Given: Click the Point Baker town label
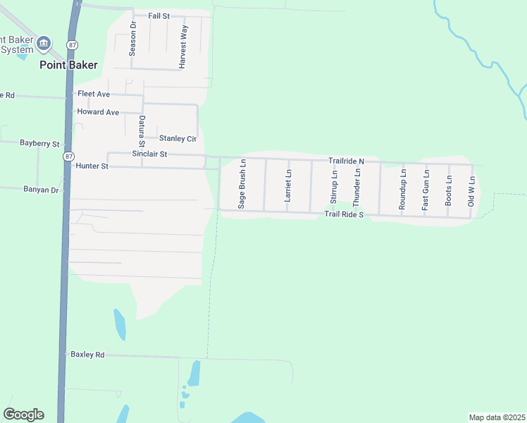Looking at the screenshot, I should (68, 65).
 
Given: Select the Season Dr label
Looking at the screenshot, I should (132, 39).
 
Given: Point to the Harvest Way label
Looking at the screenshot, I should (183, 47).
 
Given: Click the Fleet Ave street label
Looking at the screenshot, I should (94, 93).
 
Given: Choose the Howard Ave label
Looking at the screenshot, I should (98, 112).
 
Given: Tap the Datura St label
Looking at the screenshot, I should (142, 128).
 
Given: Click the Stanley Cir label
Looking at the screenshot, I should (178, 138).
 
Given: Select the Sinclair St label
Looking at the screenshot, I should (149, 154).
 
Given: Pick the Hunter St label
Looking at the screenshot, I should (91, 166).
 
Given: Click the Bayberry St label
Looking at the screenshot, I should (39, 143).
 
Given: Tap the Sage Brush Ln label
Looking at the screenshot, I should (242, 183).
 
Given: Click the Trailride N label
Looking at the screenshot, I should (346, 161).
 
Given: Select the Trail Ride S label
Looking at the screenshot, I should (343, 214).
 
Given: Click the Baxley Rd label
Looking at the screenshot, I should (87, 355).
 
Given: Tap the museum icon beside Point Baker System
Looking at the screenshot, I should (44, 44).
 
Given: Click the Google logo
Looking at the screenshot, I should (23, 415).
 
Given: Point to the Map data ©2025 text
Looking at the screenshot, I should (496, 417).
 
